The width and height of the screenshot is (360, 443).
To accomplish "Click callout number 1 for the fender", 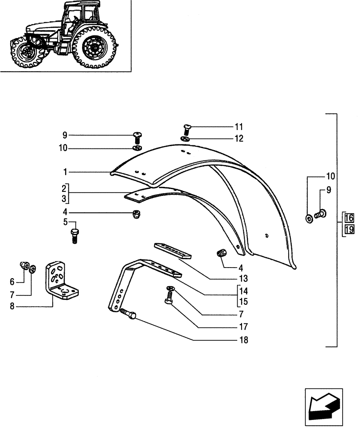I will coord(65,171).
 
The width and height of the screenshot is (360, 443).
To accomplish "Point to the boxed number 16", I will coord(348,218).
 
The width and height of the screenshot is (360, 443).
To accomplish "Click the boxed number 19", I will coord(348,229).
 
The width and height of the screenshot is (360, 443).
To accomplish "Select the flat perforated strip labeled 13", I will coord(172,250).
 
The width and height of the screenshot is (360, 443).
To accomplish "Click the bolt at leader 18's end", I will coord(129,315).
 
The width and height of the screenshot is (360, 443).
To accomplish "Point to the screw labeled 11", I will coord(186,129).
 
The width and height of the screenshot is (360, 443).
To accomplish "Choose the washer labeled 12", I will coord(185,139).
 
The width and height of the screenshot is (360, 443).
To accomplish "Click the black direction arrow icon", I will coord(323,404).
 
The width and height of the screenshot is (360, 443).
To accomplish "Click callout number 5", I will coord(65,221).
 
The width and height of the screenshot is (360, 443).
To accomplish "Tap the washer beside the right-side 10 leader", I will coord(309,218).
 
